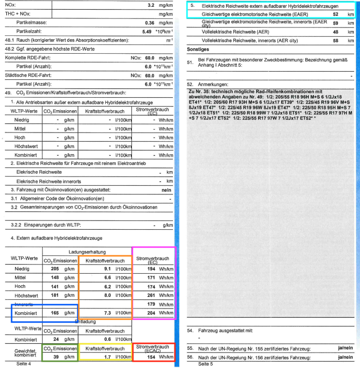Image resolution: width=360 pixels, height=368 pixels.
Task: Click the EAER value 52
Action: [335, 15]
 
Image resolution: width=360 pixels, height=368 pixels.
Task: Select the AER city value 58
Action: [335, 41]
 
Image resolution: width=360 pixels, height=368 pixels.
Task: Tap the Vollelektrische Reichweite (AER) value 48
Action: [335, 32]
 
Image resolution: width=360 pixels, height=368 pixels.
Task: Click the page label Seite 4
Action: [23, 363]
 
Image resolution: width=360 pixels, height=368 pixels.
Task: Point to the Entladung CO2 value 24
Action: [56, 339]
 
